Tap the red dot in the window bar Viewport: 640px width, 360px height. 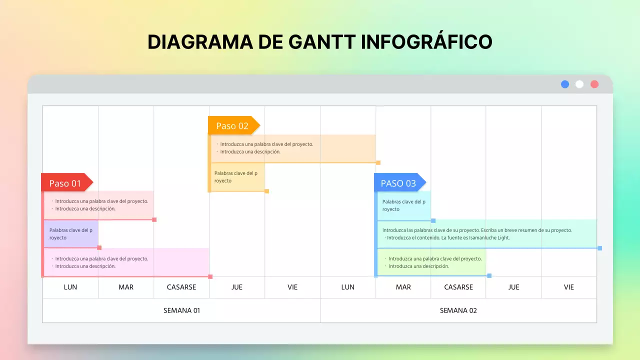point(594,84)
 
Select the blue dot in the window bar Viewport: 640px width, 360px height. point(565,84)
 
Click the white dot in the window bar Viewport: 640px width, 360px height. point(579,84)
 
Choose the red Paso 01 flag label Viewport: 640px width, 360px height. point(65,183)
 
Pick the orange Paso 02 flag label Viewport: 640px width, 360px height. point(232,125)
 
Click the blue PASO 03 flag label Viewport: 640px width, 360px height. point(398,183)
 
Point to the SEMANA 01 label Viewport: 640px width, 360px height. point(181,310)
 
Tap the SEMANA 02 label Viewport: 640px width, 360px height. point(458,310)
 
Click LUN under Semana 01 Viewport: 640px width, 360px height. point(70,287)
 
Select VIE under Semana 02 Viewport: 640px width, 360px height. point(569,287)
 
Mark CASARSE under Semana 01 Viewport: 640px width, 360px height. point(181,287)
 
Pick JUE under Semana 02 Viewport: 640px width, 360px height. point(513,287)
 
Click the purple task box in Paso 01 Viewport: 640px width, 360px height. point(71,234)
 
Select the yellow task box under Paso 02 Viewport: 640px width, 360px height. point(237,177)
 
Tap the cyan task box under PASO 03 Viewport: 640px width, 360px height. point(404,205)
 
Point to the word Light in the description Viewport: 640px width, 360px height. point(502,238)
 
